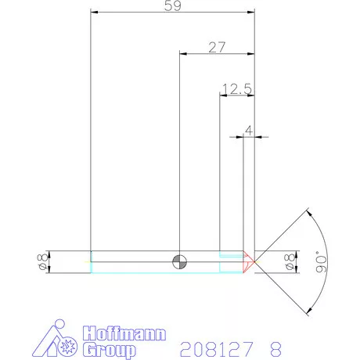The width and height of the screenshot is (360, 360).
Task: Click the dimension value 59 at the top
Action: pyautogui.click(x=174, y=6)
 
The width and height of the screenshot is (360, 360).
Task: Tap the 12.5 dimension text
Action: pyautogui.click(x=236, y=88)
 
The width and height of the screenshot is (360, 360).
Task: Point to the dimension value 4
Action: pyautogui.click(x=249, y=130)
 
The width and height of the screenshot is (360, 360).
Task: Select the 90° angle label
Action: pyautogui.click(x=319, y=261)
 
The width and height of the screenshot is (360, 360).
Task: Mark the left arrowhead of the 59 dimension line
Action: pyautogui.click(x=95, y=13)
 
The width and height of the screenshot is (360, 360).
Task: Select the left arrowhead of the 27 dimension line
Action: pyautogui.click(x=184, y=54)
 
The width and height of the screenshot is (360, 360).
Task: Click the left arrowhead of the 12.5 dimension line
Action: pyautogui.click(x=222, y=95)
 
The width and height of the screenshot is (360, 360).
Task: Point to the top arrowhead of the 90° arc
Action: pyautogui.click(x=308, y=211)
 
